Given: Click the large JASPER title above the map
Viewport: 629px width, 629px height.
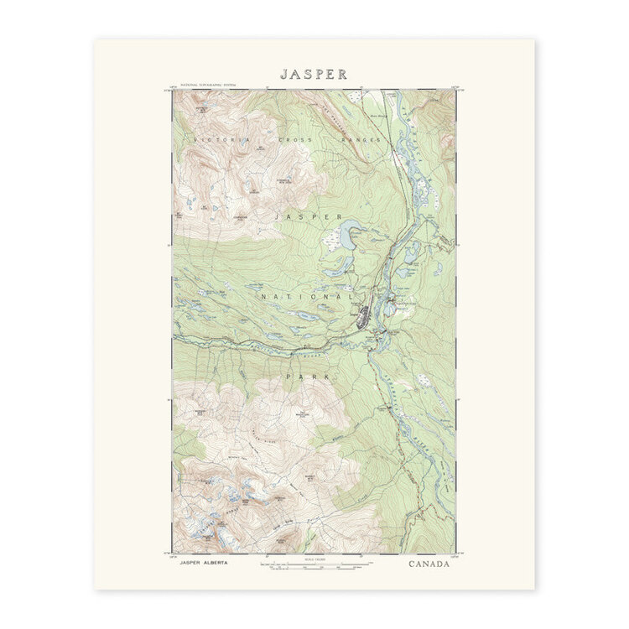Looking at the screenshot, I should (314, 74).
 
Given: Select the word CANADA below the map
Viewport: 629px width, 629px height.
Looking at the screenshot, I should (429, 564).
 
